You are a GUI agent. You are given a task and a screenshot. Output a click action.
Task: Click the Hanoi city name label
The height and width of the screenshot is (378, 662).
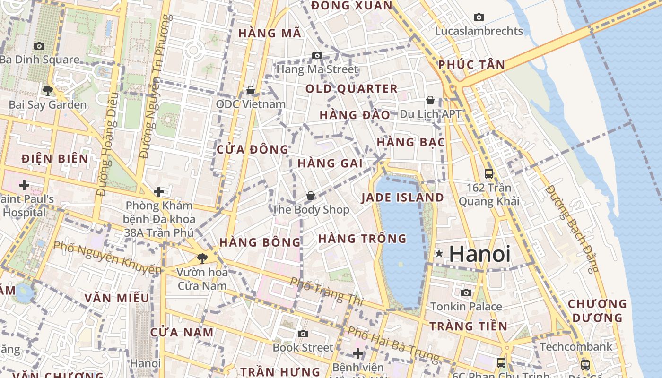coord(479,254)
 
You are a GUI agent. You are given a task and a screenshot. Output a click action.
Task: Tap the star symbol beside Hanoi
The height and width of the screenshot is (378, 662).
coord(439,254)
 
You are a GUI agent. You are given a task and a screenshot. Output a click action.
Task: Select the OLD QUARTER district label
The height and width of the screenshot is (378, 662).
coord(351,89)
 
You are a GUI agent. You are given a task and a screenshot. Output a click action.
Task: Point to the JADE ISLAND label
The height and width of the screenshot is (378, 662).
coord(403,198)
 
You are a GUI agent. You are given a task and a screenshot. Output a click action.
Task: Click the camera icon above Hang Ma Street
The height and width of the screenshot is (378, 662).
coord(317,56)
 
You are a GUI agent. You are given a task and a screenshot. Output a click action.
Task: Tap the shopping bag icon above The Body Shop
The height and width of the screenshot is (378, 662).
coord(311,196)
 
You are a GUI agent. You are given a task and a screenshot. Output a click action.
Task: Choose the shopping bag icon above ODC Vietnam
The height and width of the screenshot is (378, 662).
coord(251,90)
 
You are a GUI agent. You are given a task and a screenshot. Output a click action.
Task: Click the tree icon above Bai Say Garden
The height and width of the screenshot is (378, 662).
coord(47,91)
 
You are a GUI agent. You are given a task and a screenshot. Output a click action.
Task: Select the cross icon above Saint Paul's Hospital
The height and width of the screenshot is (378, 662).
coord(24,185)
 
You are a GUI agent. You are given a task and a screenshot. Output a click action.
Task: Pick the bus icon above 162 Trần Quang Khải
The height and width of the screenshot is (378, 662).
coord(489,174)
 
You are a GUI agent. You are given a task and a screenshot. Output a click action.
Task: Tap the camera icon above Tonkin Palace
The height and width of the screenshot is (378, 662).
coord(466,293)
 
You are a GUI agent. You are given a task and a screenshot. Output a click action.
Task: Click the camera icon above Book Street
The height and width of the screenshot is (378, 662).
coord(303,334)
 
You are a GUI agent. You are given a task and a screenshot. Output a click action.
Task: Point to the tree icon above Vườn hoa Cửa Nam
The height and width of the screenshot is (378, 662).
coord(202,258)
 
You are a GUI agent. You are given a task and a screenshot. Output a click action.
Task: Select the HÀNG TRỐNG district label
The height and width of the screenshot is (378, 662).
coord(362,239)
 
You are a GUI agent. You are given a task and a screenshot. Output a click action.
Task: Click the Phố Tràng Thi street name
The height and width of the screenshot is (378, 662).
coord(326,291)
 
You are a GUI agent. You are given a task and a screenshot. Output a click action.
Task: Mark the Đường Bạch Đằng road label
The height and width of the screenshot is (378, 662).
coord(571,229)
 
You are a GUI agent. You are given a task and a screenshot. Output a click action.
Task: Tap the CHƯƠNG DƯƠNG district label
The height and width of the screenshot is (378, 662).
coord(597,310)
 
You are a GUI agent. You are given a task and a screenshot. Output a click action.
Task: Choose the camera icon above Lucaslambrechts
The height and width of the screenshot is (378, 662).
coord(479,17)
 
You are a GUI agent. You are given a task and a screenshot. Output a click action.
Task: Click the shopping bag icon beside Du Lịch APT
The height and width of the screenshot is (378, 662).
coord(430,100)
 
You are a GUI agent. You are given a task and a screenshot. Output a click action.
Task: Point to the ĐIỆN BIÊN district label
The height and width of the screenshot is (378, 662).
coord(55,159)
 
